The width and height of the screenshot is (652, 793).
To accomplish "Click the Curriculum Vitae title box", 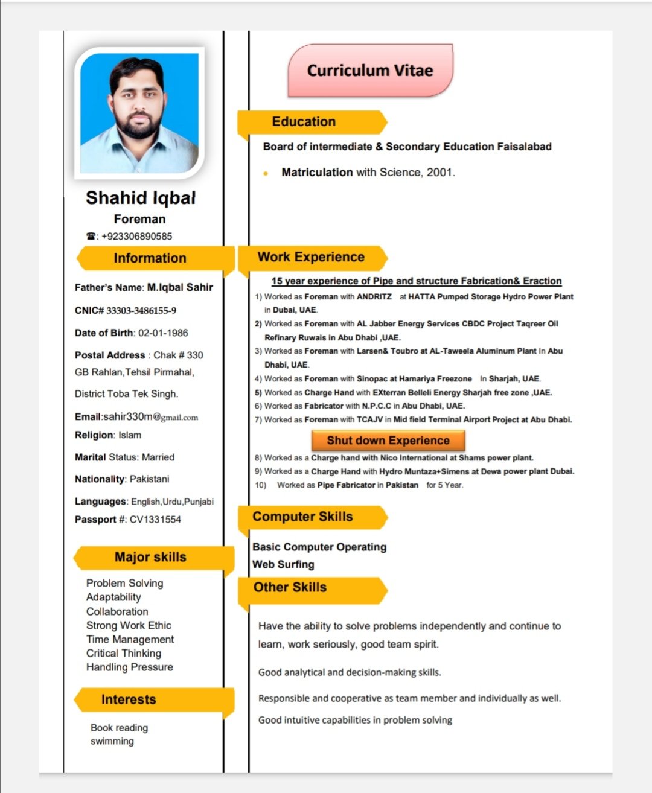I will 369,71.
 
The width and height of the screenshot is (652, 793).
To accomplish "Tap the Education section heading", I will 304,122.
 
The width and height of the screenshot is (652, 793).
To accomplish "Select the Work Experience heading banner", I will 311,257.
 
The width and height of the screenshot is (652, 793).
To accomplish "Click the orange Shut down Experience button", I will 388,440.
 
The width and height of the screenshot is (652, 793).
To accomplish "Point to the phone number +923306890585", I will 136,236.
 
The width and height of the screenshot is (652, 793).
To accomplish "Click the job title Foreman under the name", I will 139,219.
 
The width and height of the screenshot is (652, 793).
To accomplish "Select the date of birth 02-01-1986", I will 163,333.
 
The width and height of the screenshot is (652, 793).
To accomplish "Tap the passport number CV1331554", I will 155,519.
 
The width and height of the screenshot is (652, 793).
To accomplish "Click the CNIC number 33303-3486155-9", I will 141,311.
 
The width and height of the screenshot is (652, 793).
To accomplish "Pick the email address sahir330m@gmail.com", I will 150,417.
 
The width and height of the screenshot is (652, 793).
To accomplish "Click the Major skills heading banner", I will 150,557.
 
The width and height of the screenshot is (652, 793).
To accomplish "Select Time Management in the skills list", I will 130,639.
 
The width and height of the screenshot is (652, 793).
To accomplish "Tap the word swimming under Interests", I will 112,741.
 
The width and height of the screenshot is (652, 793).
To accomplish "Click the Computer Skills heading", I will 302,517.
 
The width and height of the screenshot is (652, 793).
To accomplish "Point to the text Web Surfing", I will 283,564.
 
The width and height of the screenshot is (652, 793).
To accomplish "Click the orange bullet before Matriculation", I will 266,173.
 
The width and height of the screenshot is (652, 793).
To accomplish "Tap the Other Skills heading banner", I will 290,587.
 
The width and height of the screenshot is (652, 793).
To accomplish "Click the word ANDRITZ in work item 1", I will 374,296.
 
